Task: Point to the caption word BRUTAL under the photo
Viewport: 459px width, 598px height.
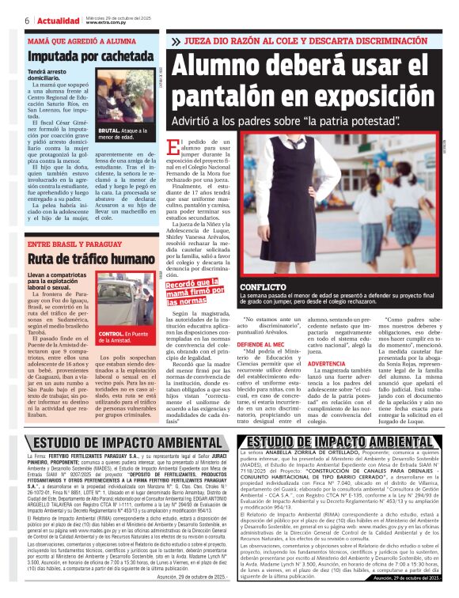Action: (108, 131)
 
